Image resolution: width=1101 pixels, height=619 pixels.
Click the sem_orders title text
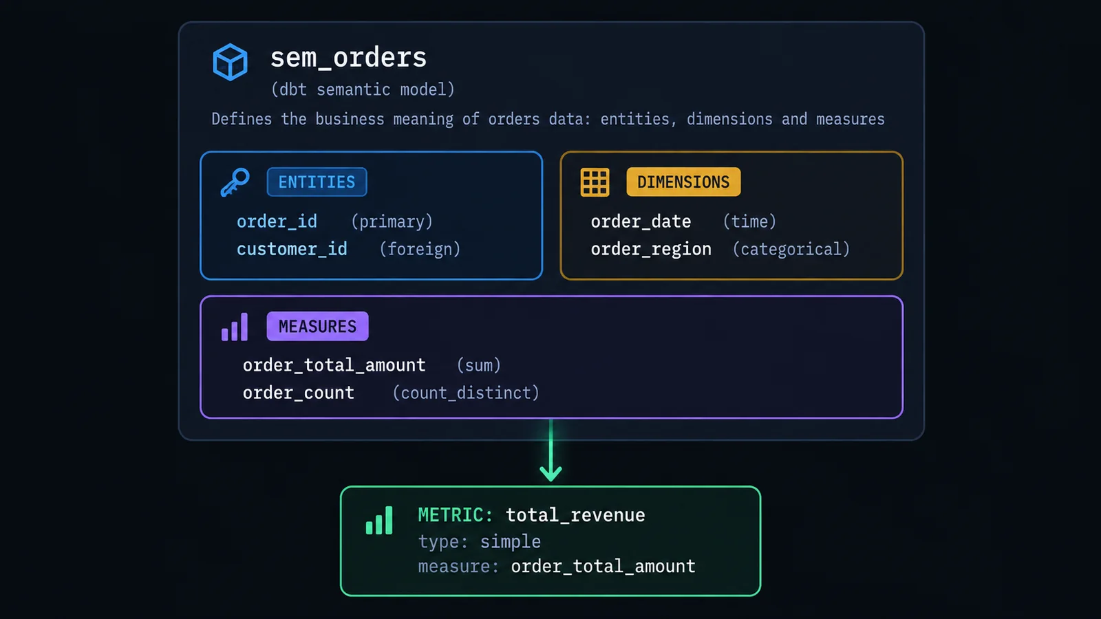348,58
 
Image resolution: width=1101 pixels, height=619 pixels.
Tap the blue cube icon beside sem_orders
230,62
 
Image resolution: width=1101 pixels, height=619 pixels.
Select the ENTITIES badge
317,182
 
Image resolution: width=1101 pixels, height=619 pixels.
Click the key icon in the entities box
235,182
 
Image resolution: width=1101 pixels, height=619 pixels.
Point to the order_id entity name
277,221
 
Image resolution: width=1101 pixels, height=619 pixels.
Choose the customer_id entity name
292,249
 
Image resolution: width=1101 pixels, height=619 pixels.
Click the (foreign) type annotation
420,249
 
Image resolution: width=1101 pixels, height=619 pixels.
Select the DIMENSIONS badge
683,182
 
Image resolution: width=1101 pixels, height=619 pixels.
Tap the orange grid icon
595,182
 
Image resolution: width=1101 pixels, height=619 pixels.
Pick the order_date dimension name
641,221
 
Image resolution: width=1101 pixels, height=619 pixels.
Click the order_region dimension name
651,250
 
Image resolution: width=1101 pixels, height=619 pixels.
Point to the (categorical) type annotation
791,249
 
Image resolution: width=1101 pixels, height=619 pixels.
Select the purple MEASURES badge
317,326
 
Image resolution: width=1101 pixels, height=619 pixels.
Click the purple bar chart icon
235,327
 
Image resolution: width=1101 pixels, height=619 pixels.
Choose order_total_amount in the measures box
334,365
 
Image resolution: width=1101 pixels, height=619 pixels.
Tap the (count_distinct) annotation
466,393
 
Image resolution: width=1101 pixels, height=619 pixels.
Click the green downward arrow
551,450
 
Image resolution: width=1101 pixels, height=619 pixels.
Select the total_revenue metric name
575,515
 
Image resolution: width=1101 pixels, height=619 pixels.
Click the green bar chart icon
379,520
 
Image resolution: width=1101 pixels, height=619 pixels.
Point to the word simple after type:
510,542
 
